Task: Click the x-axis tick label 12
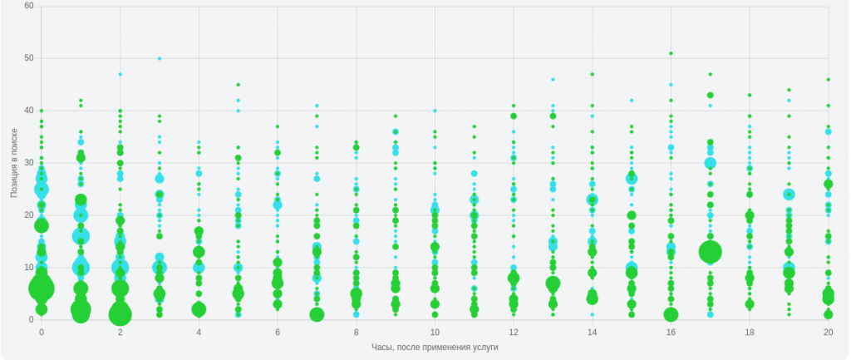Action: tap(514, 332)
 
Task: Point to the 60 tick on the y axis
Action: tap(29, 6)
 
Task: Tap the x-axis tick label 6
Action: tap(278, 332)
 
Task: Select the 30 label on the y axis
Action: tap(29, 163)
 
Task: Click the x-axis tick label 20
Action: tap(829, 332)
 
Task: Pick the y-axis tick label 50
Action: tap(29, 58)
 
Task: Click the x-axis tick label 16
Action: tap(671, 332)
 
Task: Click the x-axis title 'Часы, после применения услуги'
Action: tap(435, 347)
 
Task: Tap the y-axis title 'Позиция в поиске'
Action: tap(14, 163)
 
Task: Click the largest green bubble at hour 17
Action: tap(711, 252)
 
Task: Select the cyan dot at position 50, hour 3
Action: tap(160, 58)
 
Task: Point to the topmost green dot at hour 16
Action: tap(671, 53)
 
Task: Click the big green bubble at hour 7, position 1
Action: tap(317, 314)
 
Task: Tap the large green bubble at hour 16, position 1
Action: tap(671, 314)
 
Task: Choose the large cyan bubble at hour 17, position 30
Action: tap(711, 163)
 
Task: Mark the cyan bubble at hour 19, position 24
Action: tap(789, 195)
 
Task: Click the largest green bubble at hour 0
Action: tap(42, 288)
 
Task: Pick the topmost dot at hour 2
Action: tap(120, 74)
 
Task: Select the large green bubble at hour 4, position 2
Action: tap(199, 309)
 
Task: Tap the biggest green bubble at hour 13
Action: tap(553, 284)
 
